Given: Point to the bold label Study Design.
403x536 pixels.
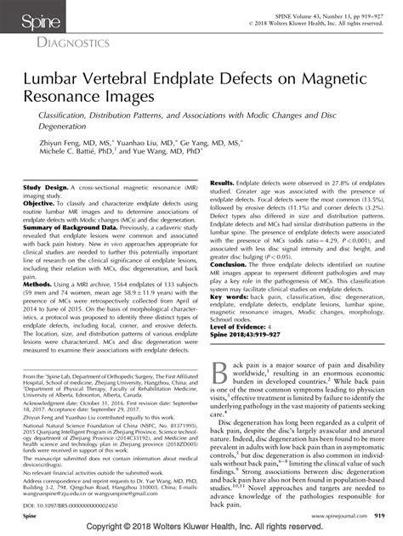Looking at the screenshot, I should tap(43, 184).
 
